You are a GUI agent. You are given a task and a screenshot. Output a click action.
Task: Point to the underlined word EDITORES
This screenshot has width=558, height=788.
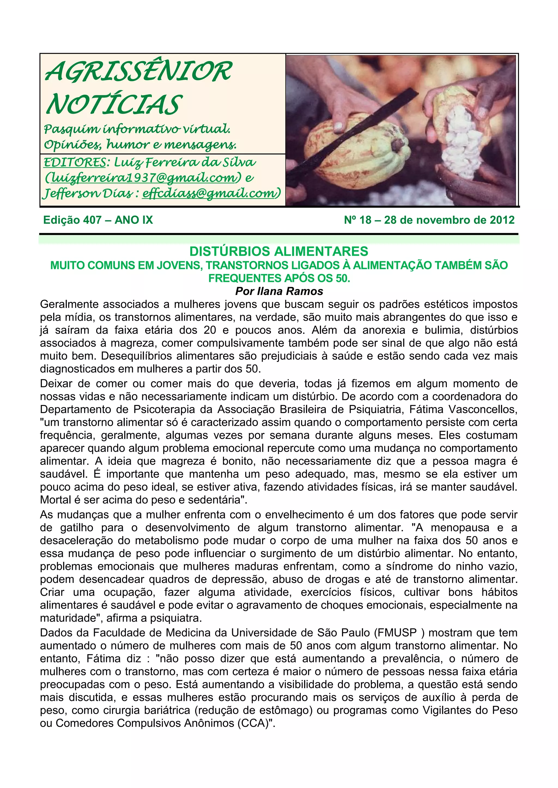click(75, 162)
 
